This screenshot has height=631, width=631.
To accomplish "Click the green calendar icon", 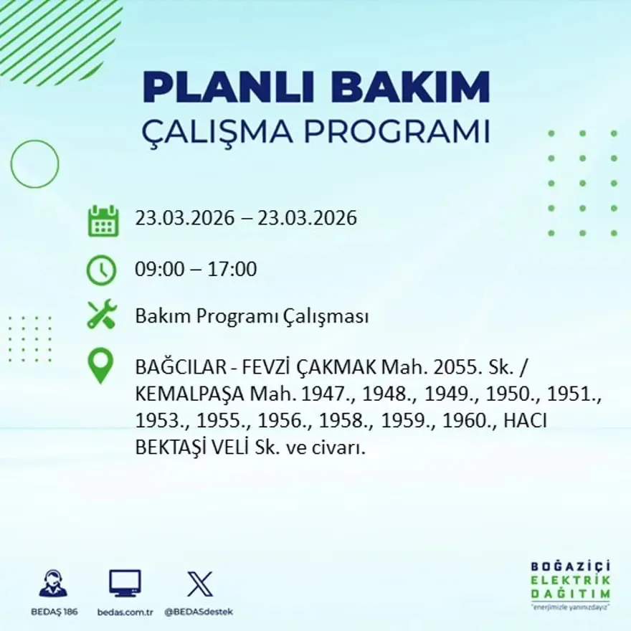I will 103,221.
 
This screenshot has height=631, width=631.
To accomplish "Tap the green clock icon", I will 101,270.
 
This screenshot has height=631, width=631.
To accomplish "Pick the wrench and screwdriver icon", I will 101,315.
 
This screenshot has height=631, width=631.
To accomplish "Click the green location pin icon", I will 101,366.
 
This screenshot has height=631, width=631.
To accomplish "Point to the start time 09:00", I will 156,270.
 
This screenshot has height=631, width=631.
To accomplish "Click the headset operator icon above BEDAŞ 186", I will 53,583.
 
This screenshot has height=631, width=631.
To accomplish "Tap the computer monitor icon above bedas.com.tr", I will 125,583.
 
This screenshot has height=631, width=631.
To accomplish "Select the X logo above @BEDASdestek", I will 199,583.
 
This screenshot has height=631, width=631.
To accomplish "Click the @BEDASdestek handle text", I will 199,612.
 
